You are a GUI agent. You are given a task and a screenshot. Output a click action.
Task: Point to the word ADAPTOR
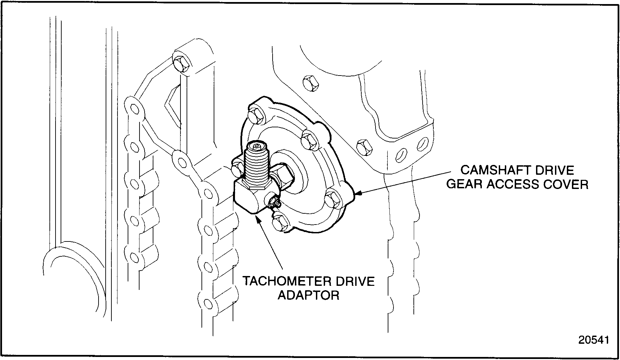point(308,295)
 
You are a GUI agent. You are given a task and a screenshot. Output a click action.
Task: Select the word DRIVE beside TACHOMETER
point(355,281)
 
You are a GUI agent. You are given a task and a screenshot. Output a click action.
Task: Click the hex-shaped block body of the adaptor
point(249,198)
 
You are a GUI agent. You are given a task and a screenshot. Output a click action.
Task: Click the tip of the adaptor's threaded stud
point(256,147)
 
